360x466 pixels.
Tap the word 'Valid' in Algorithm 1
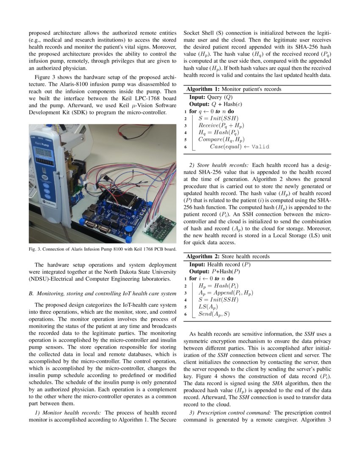point(260,147)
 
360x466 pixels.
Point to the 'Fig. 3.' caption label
point(35,249)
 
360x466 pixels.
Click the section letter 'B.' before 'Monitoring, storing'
point(31,293)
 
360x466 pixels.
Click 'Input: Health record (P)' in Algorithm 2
point(220,264)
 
